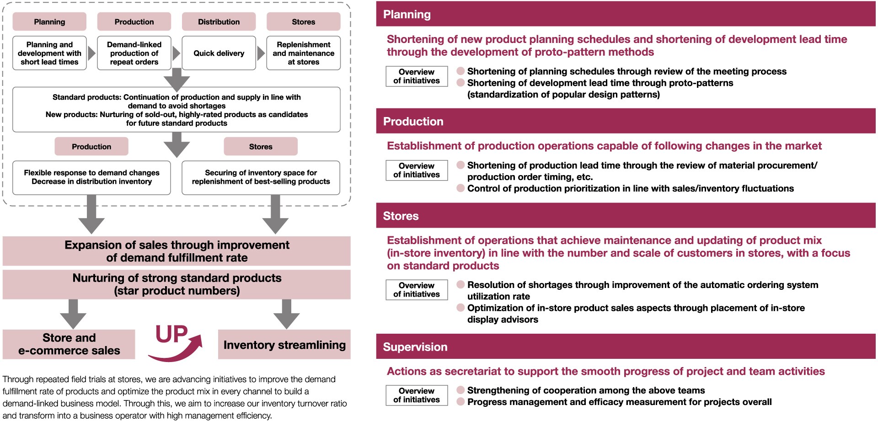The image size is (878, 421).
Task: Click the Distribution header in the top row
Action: tap(219, 21)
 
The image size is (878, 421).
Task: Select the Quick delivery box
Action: tap(219, 53)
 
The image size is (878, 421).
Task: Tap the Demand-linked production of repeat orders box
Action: tap(134, 53)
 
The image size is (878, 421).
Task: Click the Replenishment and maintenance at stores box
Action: tap(304, 53)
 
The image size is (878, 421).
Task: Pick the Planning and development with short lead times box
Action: tap(49, 53)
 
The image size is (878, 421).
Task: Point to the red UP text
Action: tap(171, 334)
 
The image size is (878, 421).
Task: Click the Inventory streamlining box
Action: tap(284, 345)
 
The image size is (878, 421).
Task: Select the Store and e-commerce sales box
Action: tap(69, 344)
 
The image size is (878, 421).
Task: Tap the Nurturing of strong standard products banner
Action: tap(177, 284)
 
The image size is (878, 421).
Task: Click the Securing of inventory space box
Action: tap(261, 177)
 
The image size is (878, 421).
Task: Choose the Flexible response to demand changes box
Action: tap(91, 177)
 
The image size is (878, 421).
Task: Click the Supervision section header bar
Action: tap(626, 346)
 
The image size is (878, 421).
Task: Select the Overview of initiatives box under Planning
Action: tap(417, 76)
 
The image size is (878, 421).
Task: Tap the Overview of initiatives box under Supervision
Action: tap(417, 395)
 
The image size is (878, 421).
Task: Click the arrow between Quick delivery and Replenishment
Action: tap(261, 53)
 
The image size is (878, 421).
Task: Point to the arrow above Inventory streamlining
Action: tap(286, 314)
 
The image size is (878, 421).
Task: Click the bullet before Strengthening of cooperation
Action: tap(460, 390)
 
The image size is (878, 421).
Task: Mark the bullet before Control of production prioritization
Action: tap(460, 188)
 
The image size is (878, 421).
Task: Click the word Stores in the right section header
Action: tap(401, 216)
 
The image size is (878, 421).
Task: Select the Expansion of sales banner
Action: tap(177, 251)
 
